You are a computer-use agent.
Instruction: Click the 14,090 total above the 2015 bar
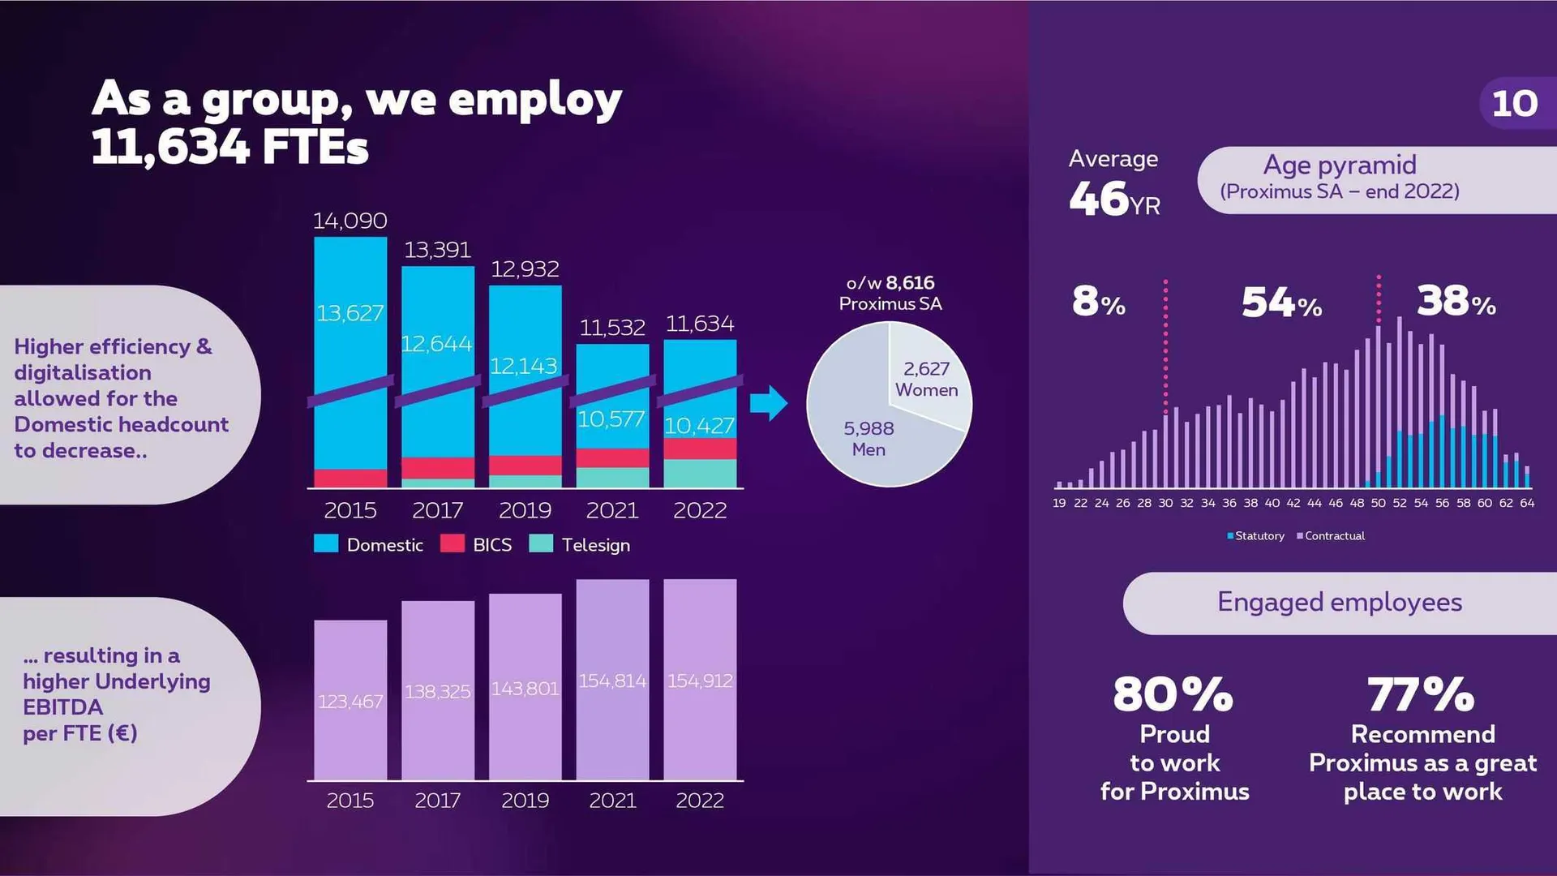(x=350, y=221)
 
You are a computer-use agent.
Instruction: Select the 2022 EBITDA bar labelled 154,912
(x=700, y=680)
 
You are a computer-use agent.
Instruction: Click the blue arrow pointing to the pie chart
(x=767, y=403)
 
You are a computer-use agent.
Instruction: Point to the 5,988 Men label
(x=869, y=438)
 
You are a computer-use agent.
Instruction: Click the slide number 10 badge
(x=1514, y=104)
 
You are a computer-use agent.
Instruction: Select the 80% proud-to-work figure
(x=1173, y=695)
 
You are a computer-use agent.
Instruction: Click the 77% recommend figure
(x=1421, y=695)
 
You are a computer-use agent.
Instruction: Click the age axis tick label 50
(x=1378, y=504)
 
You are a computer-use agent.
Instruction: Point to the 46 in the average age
(x=1099, y=199)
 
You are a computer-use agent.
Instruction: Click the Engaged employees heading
(x=1340, y=603)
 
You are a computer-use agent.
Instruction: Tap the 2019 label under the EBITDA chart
(x=525, y=801)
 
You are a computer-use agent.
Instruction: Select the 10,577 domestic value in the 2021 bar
(x=611, y=419)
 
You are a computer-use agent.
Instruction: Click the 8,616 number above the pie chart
(x=910, y=283)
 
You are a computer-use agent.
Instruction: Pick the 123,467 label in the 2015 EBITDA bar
(x=350, y=702)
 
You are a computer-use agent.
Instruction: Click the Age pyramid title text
(x=1340, y=165)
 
